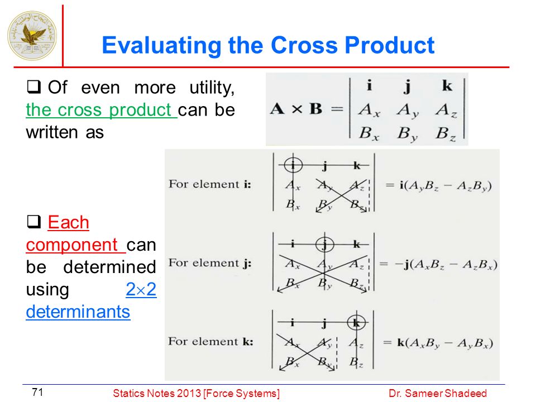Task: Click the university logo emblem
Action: pos(32,36)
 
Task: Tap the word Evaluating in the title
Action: pos(162,46)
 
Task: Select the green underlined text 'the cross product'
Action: pos(102,110)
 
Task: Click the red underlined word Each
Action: pos(68,222)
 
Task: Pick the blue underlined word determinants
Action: pos(78,312)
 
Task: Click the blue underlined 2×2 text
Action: pos(141,289)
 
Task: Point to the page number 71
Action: pos(37,392)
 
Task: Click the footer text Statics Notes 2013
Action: pos(157,393)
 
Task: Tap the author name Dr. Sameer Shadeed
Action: pos(438,393)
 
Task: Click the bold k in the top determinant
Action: pos(447,85)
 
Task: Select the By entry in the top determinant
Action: pos(407,133)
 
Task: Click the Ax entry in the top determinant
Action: pos(369,111)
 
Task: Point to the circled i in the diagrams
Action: pos(293,165)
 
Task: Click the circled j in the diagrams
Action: pos(324,244)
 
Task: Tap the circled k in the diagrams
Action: pos(356,322)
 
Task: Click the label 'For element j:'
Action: pos(210,263)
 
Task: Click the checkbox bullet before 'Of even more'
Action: pos(34,87)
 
